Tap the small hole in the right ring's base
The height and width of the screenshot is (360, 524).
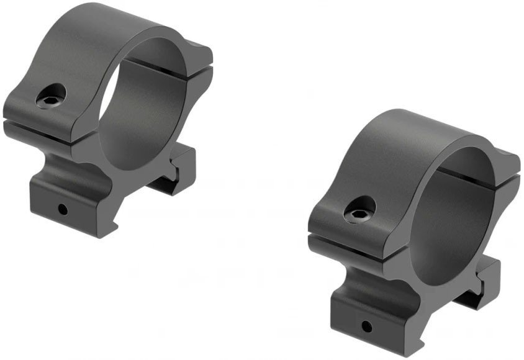367,325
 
